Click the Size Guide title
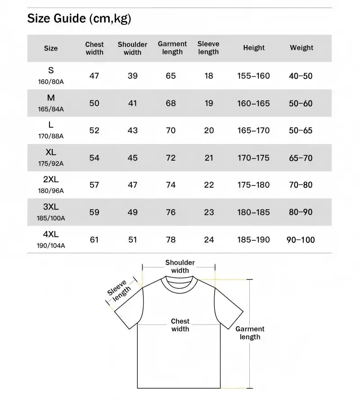coord(79,18)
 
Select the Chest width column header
coord(94,48)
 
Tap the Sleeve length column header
coord(208,48)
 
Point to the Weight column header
coord(301,48)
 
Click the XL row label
coord(51,153)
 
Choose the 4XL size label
coord(51,234)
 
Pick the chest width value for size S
coord(94,76)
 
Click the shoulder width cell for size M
coord(132,103)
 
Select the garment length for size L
coord(171,131)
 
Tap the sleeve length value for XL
coord(209,158)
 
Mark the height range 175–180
coord(253,185)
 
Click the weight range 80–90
coord(301,212)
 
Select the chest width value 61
coord(94,239)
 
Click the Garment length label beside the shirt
coord(250,333)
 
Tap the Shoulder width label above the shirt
coord(180,266)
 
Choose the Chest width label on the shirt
coord(180,325)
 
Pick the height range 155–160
coord(253,76)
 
